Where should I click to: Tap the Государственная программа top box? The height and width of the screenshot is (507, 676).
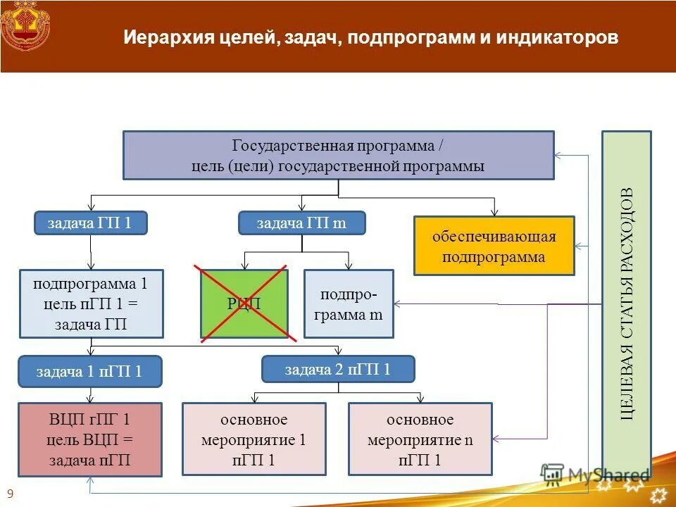tap(338, 156)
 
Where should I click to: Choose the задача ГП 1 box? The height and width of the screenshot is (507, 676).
tap(90, 223)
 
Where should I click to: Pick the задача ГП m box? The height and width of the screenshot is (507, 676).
tap(301, 223)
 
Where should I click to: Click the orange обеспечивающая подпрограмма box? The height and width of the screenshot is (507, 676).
tap(494, 246)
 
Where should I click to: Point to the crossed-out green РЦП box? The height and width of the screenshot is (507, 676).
tap(244, 303)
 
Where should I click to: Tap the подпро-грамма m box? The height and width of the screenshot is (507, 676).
tap(349, 304)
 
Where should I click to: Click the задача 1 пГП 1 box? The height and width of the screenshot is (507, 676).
tap(89, 372)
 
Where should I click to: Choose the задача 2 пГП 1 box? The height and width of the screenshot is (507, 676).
tap(338, 369)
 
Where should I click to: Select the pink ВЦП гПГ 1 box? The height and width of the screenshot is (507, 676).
tap(89, 439)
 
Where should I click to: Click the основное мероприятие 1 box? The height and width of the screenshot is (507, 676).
tap(254, 439)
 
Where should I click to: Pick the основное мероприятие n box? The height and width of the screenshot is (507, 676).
tap(420, 439)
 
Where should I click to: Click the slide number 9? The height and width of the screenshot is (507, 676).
tap(10, 494)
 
